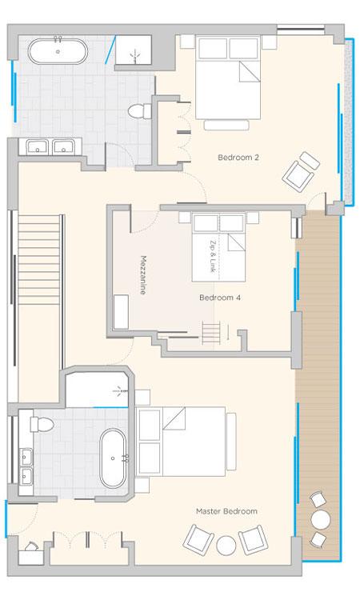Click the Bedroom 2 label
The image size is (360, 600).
tap(238, 158)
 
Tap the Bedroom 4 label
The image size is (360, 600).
tap(220, 298)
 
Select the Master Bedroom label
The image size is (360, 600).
tap(226, 511)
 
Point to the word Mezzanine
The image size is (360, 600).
tap(143, 274)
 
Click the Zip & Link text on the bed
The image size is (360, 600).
tap(213, 256)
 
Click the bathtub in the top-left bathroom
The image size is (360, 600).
tap(58, 51)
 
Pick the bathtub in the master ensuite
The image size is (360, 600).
tap(113, 458)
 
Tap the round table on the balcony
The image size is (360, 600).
tap(320, 520)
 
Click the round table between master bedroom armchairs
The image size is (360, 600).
tap(226, 546)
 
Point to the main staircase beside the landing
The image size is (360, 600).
tap(39, 259)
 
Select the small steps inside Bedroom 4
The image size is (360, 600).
tap(211, 334)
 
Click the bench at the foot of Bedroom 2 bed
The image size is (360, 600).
tap(226, 125)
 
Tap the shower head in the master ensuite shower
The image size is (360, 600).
tap(118, 391)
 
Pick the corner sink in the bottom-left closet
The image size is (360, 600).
tap(30, 547)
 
